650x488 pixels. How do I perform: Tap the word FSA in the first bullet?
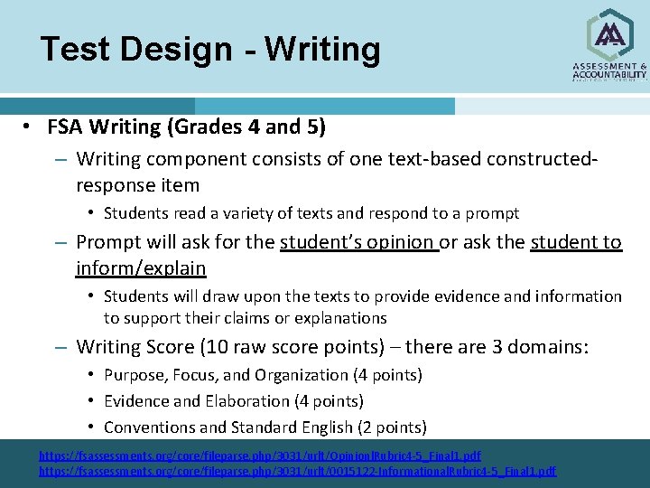[66, 127]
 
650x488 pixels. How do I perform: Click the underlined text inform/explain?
[141, 268]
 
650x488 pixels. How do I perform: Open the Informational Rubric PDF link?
[298, 471]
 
